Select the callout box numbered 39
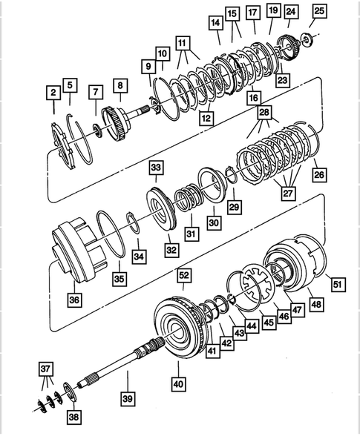point(128,398)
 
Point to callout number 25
point(319,11)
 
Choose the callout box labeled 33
point(155,168)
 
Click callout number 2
point(53,93)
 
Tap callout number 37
point(45,370)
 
